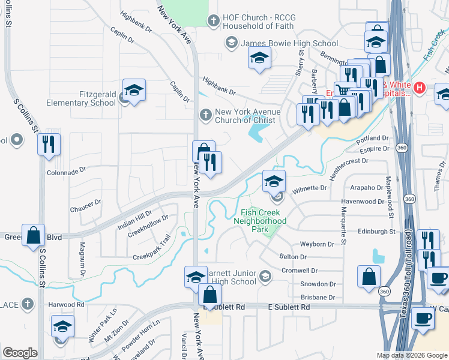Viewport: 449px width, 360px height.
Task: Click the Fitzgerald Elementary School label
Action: click(81, 98)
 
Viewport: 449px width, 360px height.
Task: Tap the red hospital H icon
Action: click(420, 88)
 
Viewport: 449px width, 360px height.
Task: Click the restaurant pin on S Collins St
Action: click(49, 144)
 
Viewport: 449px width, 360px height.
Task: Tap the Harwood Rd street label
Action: click(67, 305)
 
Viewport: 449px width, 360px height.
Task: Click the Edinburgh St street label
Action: click(376, 231)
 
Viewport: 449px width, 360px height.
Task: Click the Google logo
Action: click(20, 353)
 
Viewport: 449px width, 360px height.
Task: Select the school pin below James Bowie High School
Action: click(259, 58)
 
